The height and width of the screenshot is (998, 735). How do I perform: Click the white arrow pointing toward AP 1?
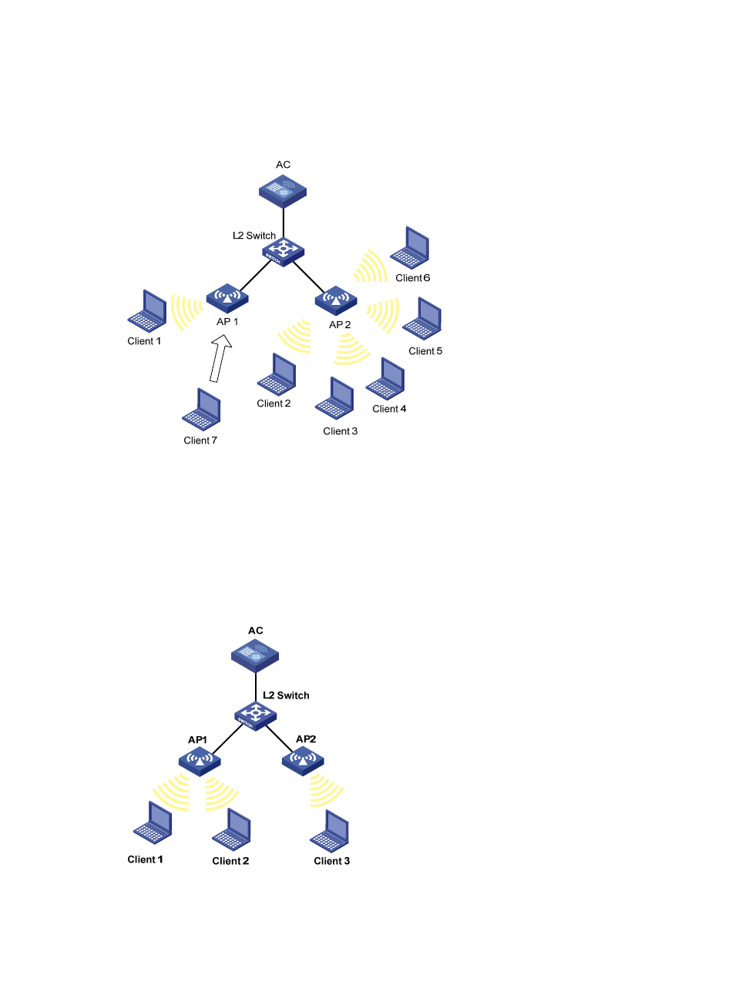(220, 358)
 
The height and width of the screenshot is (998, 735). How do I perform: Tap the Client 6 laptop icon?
(410, 247)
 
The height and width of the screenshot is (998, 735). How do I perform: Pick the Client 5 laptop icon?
(422, 319)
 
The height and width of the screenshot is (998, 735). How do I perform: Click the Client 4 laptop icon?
(386, 378)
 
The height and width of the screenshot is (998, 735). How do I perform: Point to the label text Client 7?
(200, 440)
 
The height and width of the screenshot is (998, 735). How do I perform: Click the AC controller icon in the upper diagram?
(283, 191)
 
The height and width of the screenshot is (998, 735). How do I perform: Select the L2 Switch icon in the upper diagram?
(283, 251)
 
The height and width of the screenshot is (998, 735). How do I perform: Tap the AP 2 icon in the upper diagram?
(336, 300)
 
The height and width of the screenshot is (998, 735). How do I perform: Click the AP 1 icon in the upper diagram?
(227, 297)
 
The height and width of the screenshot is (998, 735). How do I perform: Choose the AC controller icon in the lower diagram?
(255, 656)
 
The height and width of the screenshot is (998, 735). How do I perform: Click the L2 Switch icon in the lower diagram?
(255, 715)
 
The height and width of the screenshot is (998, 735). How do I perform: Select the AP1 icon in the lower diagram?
(200, 761)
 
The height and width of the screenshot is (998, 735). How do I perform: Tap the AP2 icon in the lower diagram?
(303, 760)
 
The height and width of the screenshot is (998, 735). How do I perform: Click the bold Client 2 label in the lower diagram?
(230, 861)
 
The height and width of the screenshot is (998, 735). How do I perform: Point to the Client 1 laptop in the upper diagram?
(147, 310)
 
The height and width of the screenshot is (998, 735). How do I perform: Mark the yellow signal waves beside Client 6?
(371, 266)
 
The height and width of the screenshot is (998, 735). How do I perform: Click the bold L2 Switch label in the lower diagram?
(286, 695)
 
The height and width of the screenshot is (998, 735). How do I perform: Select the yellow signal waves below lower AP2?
(324, 790)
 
